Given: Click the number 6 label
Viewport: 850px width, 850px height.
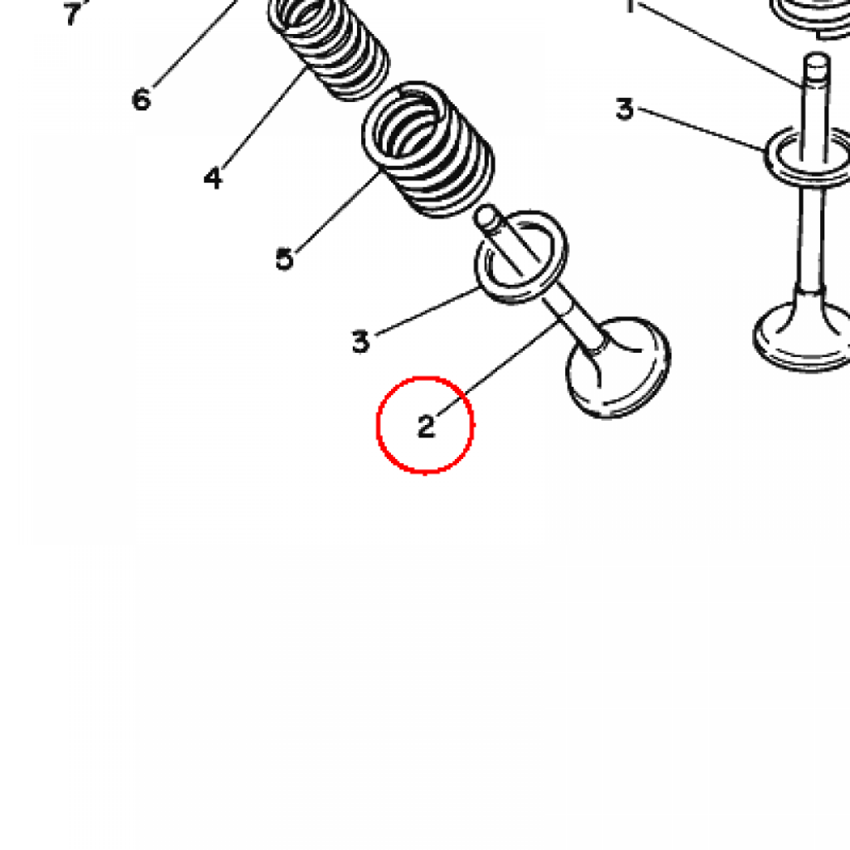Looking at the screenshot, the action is pyautogui.click(x=141, y=100).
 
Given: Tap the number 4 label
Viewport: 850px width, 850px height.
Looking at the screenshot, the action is pyautogui.click(x=213, y=178).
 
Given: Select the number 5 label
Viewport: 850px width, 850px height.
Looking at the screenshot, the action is pyautogui.click(x=285, y=259).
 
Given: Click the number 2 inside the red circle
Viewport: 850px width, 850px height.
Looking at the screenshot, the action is pyautogui.click(x=426, y=426).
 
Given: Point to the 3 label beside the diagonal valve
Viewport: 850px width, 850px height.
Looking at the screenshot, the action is pyautogui.click(x=360, y=342).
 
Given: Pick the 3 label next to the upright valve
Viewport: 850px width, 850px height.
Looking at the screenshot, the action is pyautogui.click(x=624, y=109).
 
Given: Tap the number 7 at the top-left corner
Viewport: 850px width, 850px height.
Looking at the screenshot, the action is pyautogui.click(x=72, y=13).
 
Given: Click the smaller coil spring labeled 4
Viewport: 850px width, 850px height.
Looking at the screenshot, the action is pyautogui.click(x=329, y=47).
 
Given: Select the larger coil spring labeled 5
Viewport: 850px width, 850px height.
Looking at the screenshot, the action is pyautogui.click(x=428, y=149).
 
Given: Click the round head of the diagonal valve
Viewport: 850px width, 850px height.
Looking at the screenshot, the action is pyautogui.click(x=618, y=369).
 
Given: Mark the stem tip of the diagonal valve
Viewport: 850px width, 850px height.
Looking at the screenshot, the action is pyautogui.click(x=485, y=216).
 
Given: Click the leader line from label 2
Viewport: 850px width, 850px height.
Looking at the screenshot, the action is pyautogui.click(x=497, y=369).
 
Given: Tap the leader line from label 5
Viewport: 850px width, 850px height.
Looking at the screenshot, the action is pyautogui.click(x=337, y=212).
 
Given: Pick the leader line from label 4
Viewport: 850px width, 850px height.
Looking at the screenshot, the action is pyautogui.click(x=264, y=119).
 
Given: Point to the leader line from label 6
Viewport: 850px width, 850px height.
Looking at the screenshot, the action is pyautogui.click(x=196, y=43).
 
